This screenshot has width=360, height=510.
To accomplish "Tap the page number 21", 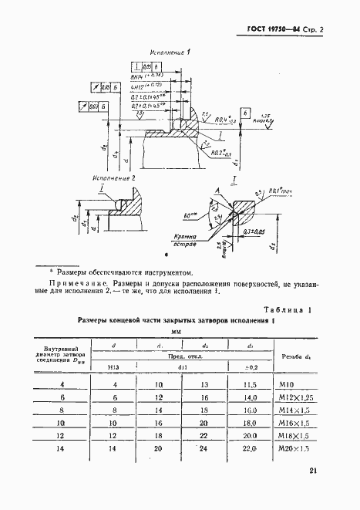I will (313, 471).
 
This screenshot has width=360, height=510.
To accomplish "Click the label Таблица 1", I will (288, 310).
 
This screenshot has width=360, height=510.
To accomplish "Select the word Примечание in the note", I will (72, 284).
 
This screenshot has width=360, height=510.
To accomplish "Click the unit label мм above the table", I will (163, 331).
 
